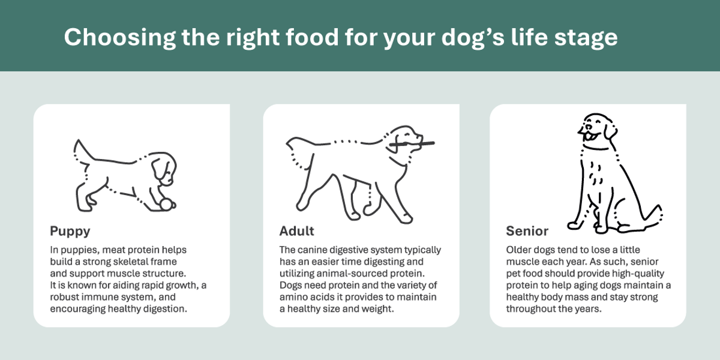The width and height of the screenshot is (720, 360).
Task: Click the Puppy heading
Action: pyautogui.click(x=70, y=231)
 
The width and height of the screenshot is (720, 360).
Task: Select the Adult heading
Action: pyautogui.click(x=296, y=231)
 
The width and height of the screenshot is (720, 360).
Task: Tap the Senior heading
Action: pyautogui.click(x=527, y=231)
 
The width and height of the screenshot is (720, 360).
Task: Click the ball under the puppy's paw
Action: pyautogui.click(x=164, y=205)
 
